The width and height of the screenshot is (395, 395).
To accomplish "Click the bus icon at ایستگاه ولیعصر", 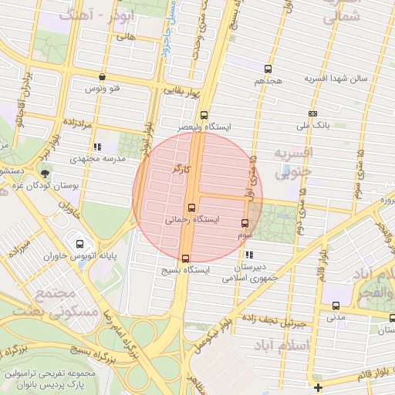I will point(204,115).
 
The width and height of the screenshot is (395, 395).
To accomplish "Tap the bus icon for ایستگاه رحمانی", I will point(191,208).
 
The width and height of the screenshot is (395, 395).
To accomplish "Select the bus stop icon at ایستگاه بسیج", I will point(185,258).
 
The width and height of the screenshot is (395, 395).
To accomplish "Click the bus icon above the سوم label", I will point(245,223).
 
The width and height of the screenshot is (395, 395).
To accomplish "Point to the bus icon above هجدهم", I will point(268,69).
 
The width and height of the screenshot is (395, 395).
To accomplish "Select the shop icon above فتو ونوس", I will point(103,76).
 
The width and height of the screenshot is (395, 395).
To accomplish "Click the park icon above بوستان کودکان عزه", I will point(45,174).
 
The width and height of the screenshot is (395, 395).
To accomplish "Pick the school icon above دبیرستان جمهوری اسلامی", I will point(248,255).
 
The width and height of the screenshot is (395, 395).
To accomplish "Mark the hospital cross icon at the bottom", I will point(318,386).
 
